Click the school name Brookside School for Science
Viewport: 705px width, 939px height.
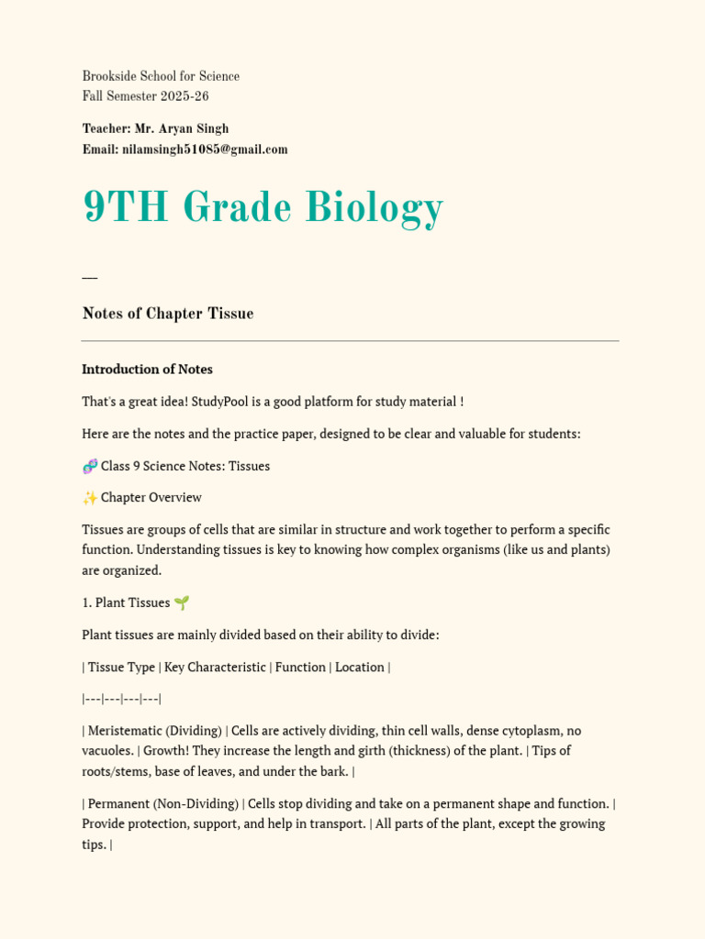click(x=161, y=76)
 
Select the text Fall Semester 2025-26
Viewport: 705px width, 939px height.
click(x=146, y=96)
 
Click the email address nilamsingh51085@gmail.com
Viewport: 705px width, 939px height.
click(x=205, y=149)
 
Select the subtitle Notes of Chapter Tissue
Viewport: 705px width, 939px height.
click(x=168, y=314)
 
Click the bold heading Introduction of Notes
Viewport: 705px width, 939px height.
click(x=147, y=370)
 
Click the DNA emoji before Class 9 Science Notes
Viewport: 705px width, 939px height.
click(x=90, y=466)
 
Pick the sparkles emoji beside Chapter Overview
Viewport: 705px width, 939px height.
click(x=90, y=498)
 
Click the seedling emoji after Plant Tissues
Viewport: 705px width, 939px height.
click(x=182, y=602)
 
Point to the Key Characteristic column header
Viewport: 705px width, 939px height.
click(x=215, y=667)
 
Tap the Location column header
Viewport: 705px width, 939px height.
click(x=360, y=667)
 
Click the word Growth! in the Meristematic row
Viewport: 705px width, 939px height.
click(x=169, y=750)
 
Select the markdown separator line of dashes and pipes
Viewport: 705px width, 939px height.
click(x=121, y=699)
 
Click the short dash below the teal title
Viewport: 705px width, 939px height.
click(x=89, y=277)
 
